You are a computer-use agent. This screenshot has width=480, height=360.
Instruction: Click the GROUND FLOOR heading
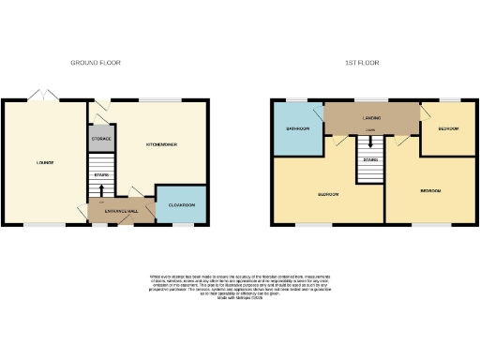tap(96, 63)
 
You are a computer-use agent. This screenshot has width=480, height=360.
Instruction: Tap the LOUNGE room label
tap(45, 162)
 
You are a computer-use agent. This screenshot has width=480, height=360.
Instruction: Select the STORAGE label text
tap(101, 139)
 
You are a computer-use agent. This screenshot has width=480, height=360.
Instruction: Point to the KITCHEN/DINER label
tap(162, 144)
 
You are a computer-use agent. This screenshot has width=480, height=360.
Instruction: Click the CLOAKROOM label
tap(183, 205)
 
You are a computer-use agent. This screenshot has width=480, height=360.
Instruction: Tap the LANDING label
tap(371, 118)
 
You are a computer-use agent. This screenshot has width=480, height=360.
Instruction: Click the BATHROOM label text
tap(298, 128)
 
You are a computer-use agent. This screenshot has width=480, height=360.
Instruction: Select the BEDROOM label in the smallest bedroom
tap(447, 128)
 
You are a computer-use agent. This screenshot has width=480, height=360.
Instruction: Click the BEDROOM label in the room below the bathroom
tap(327, 194)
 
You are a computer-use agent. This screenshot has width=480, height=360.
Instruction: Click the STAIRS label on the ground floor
tap(101, 174)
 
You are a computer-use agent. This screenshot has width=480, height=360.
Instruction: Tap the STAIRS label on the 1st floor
tap(371, 160)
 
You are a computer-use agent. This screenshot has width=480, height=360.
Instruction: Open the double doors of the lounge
tap(41, 95)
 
